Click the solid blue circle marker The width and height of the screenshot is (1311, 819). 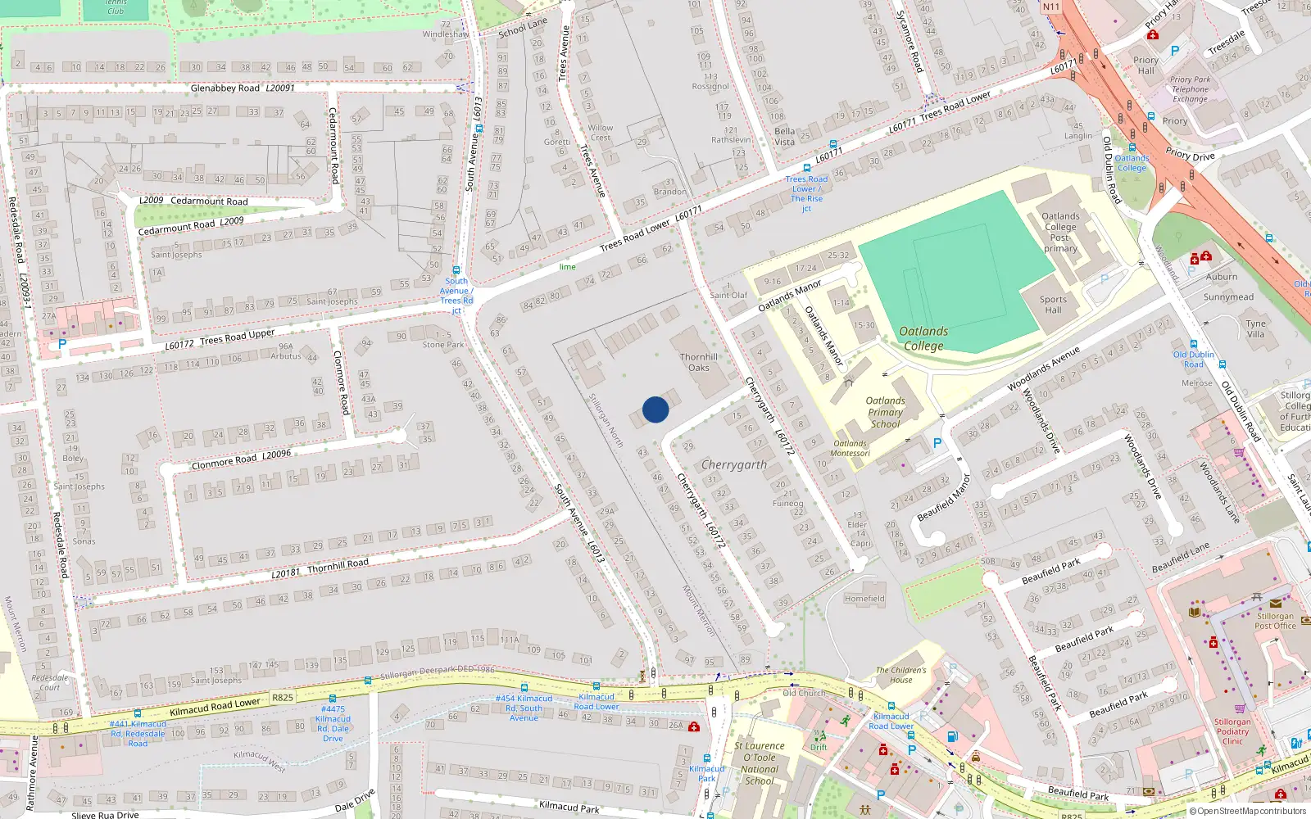click(x=655, y=409)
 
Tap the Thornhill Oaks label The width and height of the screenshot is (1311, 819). click(x=699, y=362)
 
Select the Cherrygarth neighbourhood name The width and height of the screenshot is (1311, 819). click(x=734, y=464)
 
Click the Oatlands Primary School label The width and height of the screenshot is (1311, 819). click(x=886, y=412)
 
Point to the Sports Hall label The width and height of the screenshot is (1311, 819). click(x=1053, y=305)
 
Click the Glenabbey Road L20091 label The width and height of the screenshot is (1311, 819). click(x=242, y=88)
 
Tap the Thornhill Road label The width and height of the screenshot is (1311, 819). click(x=338, y=565)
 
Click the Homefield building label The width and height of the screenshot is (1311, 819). click(x=864, y=599)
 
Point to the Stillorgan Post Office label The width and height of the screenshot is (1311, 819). click(x=1275, y=621)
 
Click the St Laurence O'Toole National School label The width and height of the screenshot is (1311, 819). click(x=760, y=762)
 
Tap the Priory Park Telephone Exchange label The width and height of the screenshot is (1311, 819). click(x=1190, y=89)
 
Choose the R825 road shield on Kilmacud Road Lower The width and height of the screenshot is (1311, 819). click(x=283, y=698)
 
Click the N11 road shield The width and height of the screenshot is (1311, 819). click(x=1051, y=7)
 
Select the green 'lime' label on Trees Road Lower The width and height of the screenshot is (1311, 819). click(x=567, y=267)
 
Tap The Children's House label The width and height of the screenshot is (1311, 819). click(x=900, y=675)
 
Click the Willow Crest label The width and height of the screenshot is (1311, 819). click(x=601, y=133)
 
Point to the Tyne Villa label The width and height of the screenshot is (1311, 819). click(x=1255, y=328)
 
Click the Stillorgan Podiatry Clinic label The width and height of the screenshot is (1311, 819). click(x=1232, y=731)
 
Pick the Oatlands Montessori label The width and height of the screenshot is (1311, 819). click(x=850, y=449)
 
